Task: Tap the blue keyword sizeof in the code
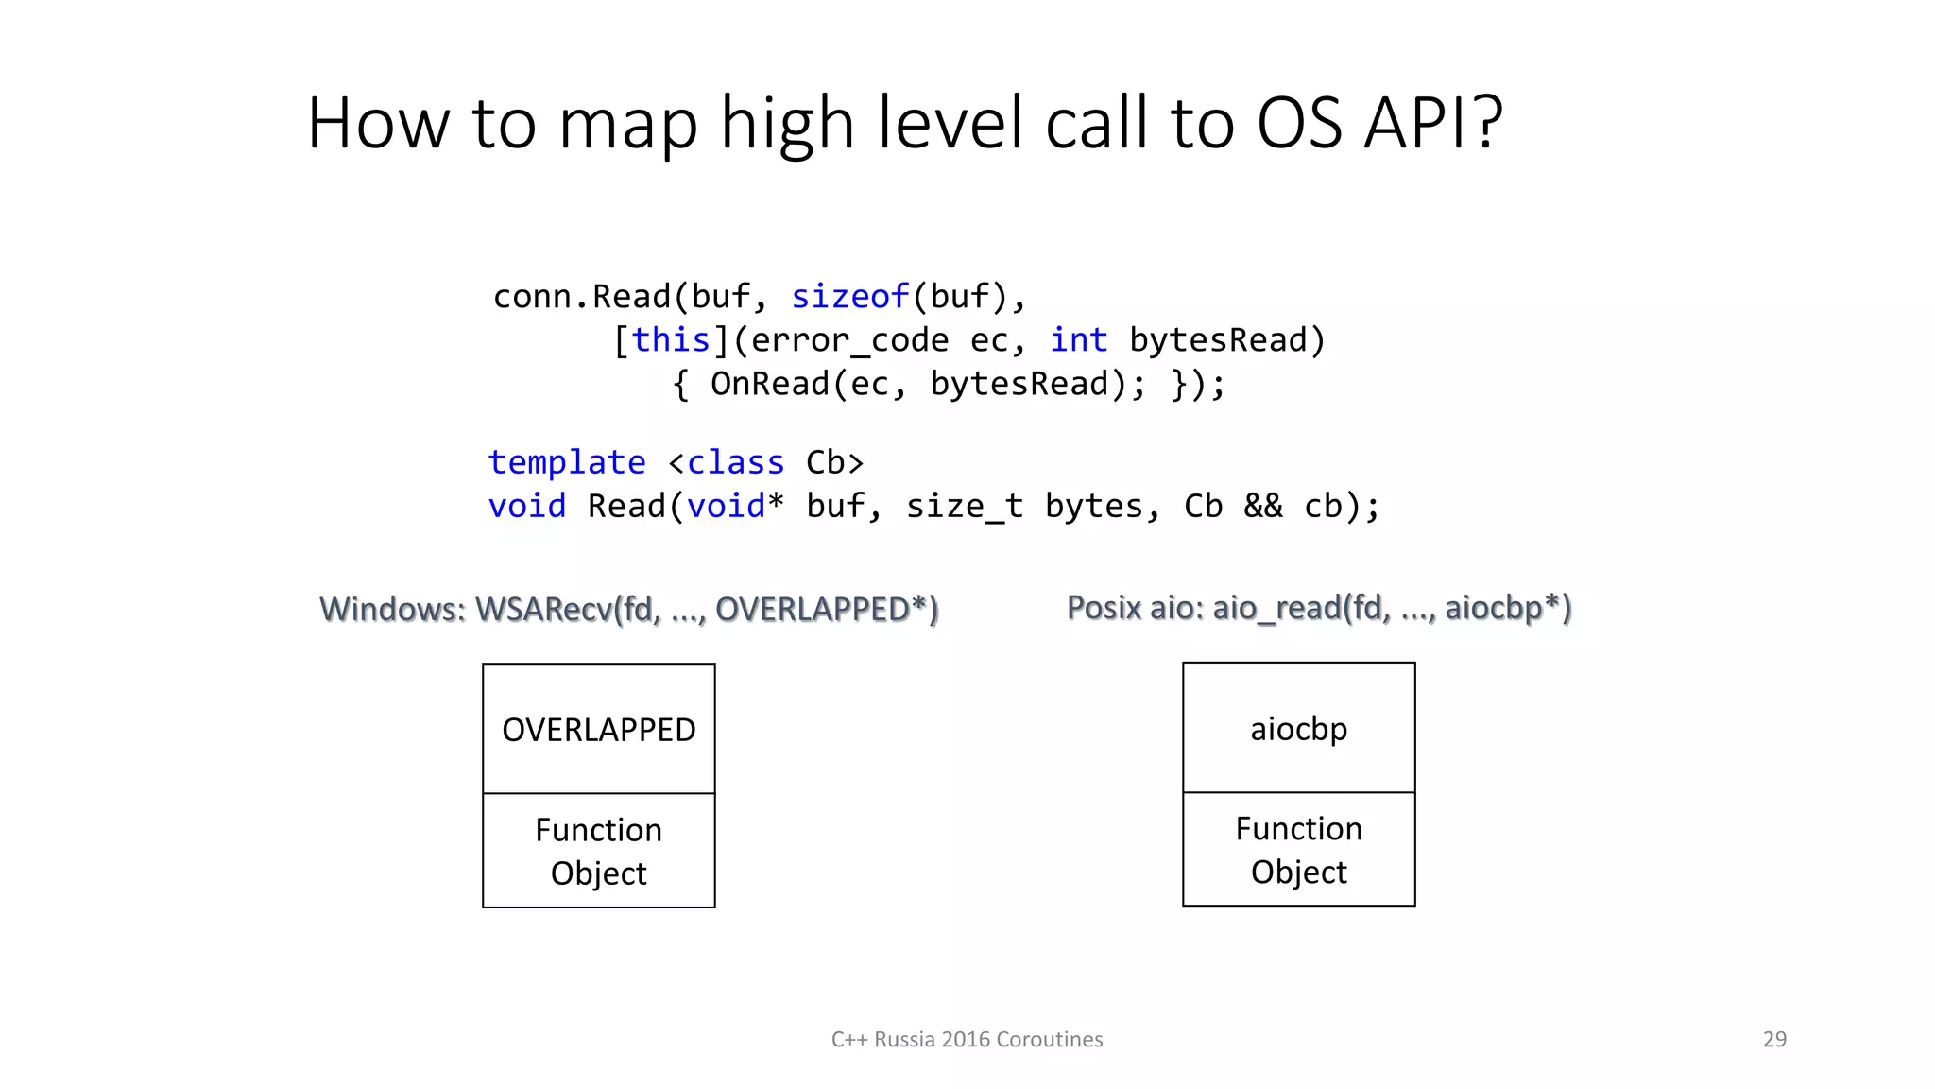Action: click(849, 297)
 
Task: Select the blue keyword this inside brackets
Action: click(671, 340)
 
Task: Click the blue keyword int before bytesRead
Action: click(1078, 340)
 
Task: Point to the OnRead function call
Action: click(769, 384)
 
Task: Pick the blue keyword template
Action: click(567, 462)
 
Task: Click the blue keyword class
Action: click(735, 462)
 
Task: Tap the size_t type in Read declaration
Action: click(964, 507)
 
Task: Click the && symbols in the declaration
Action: click(1263, 507)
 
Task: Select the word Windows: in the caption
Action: click(392, 610)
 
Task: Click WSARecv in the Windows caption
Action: click(543, 610)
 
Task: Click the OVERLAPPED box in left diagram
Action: click(598, 729)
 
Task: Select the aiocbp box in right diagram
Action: click(1298, 728)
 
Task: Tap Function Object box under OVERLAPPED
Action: click(598, 851)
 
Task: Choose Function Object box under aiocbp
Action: click(1298, 849)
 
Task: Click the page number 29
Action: click(1774, 1039)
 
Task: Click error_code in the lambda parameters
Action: click(849, 340)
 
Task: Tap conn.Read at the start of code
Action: click(581, 297)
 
